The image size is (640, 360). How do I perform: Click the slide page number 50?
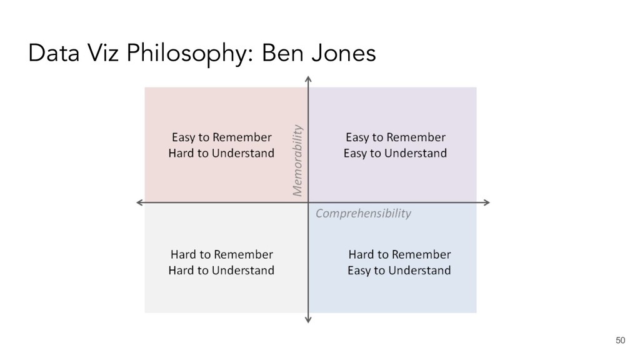point(620,339)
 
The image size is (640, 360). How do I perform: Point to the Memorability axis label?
point(297,159)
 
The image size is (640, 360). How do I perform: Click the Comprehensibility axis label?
point(363,214)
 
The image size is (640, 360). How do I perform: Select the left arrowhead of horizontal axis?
point(139,202)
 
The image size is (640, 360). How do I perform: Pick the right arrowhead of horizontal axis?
point(486,202)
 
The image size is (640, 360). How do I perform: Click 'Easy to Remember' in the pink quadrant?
point(221,137)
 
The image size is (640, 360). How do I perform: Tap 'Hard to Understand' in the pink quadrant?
point(221,153)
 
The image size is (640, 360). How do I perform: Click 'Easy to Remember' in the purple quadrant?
point(396,137)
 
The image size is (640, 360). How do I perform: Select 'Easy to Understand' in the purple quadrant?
point(396,153)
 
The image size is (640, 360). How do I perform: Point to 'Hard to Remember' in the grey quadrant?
point(221,254)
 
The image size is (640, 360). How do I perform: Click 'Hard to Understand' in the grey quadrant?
point(221,271)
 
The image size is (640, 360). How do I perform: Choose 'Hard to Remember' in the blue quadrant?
point(399,254)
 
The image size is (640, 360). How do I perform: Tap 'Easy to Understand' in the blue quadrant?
point(399,271)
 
